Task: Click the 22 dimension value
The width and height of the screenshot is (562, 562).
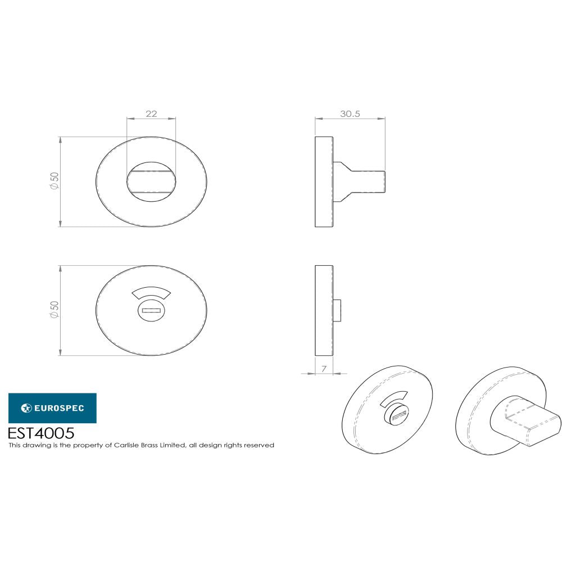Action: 151,114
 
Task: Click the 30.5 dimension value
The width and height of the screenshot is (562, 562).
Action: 350,114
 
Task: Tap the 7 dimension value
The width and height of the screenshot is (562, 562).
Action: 324,369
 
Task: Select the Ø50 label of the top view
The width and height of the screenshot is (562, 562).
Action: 55,181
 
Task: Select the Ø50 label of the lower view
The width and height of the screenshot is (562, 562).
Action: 55,310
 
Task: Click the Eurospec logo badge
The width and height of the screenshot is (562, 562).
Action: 52,408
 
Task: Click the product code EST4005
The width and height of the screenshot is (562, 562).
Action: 41,433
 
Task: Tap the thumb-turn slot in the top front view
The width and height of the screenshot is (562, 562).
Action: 151,182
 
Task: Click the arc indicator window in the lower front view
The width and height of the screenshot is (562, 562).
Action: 151,294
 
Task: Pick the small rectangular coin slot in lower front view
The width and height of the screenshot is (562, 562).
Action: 151,311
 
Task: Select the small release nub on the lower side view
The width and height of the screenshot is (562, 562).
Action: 337,310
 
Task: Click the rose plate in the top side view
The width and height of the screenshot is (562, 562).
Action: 324,182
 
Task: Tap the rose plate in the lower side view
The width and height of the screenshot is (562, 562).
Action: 324,310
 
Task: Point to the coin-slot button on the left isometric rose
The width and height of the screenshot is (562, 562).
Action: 397,416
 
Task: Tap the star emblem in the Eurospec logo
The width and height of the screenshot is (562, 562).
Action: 25,408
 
